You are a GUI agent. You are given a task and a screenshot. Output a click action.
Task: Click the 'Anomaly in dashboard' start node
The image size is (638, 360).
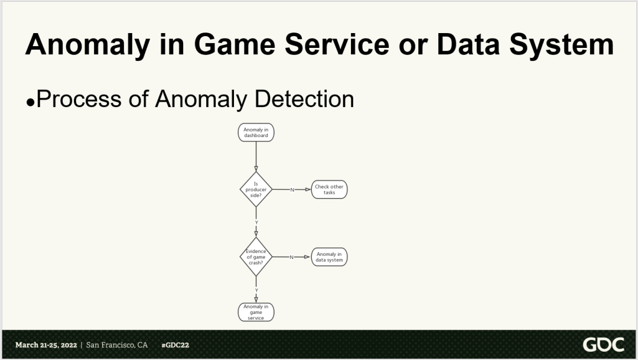[x=256, y=132]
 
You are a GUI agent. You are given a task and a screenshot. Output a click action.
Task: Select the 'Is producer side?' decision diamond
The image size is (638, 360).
[x=256, y=189]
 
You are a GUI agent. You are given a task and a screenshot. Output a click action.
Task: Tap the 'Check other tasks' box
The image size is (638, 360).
[x=329, y=189]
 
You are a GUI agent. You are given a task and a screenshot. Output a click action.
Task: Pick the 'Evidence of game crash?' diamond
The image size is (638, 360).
[x=256, y=257]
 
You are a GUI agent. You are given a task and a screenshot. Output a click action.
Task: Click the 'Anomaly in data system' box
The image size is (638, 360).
[x=329, y=257]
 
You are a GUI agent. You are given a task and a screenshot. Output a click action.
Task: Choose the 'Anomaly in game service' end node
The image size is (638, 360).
[x=256, y=312]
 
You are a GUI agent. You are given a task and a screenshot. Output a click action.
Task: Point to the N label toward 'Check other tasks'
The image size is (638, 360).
[x=292, y=190]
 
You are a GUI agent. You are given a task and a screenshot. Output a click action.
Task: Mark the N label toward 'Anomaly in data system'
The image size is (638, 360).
[x=291, y=257]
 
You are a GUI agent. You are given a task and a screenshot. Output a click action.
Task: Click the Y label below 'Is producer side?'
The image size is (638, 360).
[x=256, y=223]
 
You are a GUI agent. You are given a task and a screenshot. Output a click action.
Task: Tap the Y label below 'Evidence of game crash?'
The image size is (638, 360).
[x=256, y=290]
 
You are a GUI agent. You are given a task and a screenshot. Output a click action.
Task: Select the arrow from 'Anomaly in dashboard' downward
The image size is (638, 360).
[x=256, y=156]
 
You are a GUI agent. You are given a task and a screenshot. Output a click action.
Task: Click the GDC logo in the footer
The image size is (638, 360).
[x=603, y=345]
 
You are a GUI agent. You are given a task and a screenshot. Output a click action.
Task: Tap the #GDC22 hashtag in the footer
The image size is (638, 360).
[x=175, y=345]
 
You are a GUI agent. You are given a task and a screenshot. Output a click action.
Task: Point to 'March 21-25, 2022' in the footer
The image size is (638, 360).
[x=45, y=345]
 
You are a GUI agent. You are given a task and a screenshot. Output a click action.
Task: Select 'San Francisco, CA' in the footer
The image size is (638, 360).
[x=117, y=345]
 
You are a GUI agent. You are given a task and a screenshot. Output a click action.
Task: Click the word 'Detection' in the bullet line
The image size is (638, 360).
[x=304, y=99]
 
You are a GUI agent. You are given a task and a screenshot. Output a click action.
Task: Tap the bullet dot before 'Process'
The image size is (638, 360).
[x=30, y=102]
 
